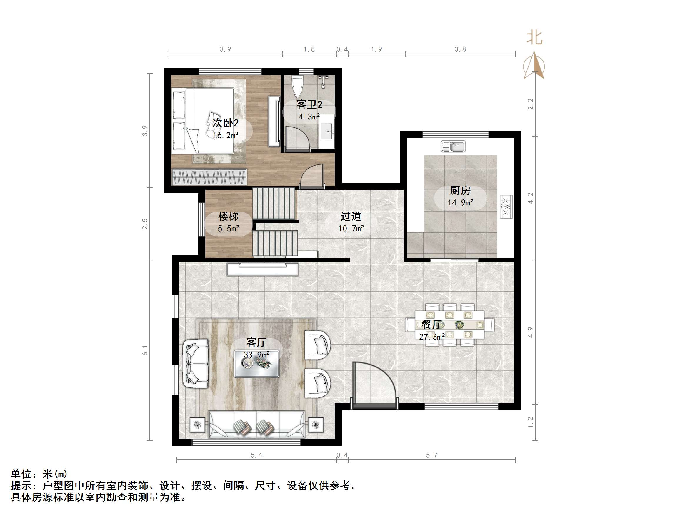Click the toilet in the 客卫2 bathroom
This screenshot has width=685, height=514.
click(x=297, y=87)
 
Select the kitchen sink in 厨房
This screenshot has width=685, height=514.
click(x=453, y=146)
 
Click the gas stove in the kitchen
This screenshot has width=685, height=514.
click(x=506, y=207)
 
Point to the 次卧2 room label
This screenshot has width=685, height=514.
click(x=226, y=123)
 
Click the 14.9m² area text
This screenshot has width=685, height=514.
click(x=460, y=203)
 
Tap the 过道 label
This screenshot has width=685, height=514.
click(x=351, y=216)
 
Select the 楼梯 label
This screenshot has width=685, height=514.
click(x=228, y=216)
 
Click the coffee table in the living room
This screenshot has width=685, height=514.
click(x=256, y=364)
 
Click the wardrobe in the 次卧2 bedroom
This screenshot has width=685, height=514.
click(x=209, y=177)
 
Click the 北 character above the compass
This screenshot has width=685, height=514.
click(x=534, y=38)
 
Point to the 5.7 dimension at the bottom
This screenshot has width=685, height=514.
click(x=431, y=455)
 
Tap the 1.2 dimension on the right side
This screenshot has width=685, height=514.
click(x=531, y=422)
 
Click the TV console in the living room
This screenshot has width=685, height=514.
click(x=263, y=269)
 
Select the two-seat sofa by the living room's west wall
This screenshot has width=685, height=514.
click(x=196, y=363)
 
